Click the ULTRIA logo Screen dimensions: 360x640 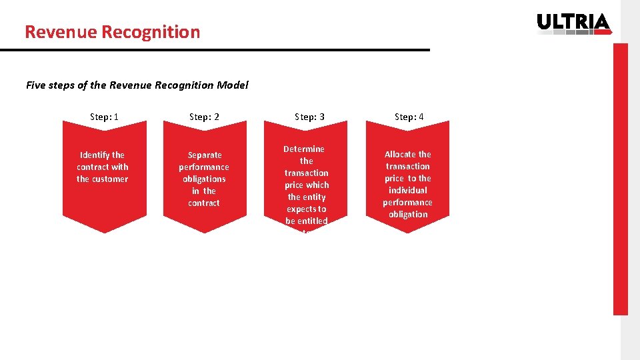[x=573, y=23]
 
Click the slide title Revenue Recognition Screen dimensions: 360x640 [x=112, y=32]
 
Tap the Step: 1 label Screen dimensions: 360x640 [x=104, y=117]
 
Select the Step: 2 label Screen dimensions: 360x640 [x=204, y=117]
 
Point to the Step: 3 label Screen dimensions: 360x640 [x=309, y=117]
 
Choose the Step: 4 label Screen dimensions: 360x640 [x=409, y=117]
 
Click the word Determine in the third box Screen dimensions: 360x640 [x=304, y=149]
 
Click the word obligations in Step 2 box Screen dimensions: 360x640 [x=204, y=179]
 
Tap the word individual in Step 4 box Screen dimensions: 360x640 [x=407, y=190]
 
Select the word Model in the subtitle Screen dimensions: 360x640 [x=233, y=85]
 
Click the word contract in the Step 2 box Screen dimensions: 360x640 [x=204, y=203]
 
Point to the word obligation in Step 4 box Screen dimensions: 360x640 [x=407, y=214]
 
